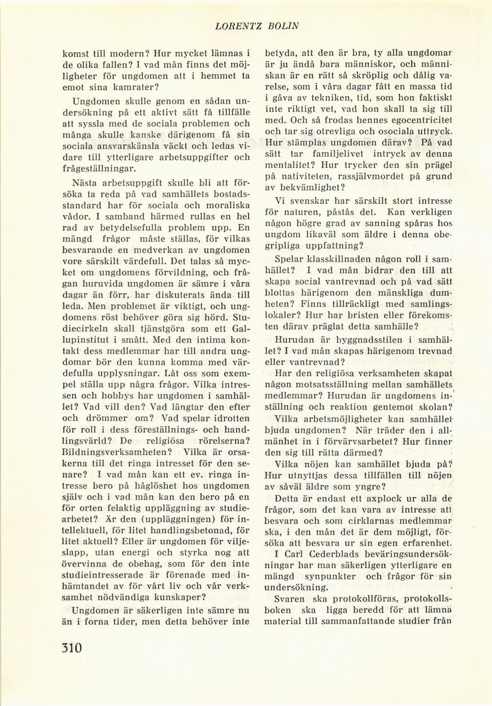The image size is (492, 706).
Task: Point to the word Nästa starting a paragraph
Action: pos(89,183)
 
